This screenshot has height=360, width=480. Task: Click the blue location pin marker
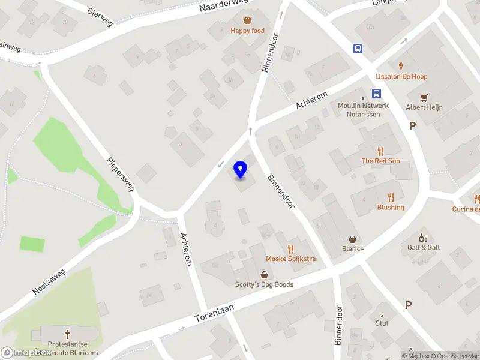pos(241,170)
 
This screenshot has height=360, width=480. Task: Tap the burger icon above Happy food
pos(247,21)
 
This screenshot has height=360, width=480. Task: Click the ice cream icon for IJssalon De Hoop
pos(401,66)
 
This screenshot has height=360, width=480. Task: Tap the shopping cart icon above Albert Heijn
pos(425,97)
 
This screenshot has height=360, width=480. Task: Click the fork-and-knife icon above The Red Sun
pos(380,151)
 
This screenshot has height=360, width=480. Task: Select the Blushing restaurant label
pos(391,208)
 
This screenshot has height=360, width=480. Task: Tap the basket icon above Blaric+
pos(352,239)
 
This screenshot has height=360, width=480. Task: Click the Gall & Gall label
pos(424,247)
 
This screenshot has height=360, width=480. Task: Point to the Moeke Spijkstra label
pos(291,259)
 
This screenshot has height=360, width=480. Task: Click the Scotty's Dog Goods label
pos(264,284)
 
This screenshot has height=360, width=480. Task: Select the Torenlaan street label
pos(214,312)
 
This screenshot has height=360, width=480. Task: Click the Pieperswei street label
pos(121,175)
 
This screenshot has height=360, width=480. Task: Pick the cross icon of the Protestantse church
pos(67,334)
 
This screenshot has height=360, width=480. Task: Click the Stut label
pos(382,323)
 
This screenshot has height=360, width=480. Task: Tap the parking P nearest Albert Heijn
pos(412,125)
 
